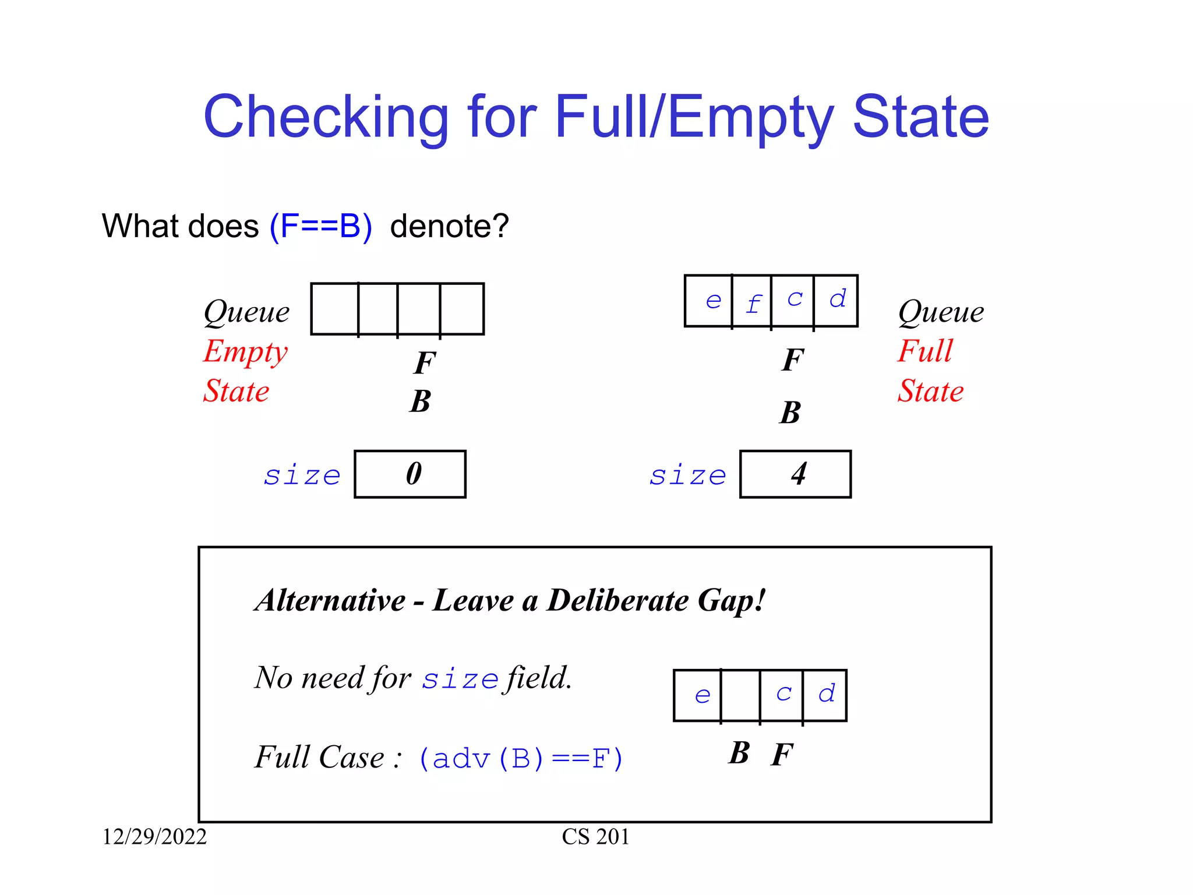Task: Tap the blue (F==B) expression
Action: tap(320, 226)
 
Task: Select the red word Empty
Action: tap(245, 352)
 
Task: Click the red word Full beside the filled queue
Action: tap(925, 351)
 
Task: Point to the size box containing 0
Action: tap(410, 474)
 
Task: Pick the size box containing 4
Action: tap(795, 474)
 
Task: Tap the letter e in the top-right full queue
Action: tap(713, 301)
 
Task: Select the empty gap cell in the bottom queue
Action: tap(740, 695)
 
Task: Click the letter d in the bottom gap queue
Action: tap(826, 694)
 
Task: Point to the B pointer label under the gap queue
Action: tap(739, 753)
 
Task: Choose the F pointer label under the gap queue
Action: tap(782, 755)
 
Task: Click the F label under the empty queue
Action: tap(425, 363)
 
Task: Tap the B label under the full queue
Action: tap(790, 413)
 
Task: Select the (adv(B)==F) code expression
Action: tap(521, 759)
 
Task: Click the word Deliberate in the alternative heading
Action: tap(617, 601)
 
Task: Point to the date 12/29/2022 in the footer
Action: tap(154, 837)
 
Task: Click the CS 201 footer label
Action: tap(595, 837)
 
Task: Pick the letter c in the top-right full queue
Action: tap(795, 299)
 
